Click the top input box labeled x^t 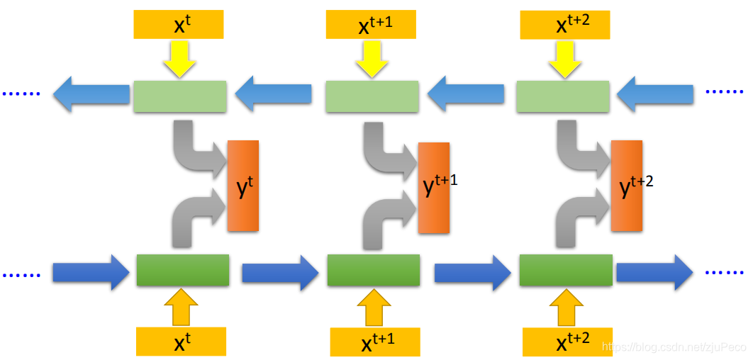(x=178, y=25)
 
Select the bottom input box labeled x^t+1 (x=375, y=342)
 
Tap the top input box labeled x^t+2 (x=565, y=25)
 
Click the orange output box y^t (x=243, y=186)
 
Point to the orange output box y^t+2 (x=627, y=186)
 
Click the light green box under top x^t (x=180, y=96)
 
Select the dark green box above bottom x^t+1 (x=374, y=271)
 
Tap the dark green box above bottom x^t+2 (x=566, y=271)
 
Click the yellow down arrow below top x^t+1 (x=371, y=59)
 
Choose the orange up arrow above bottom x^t (x=182, y=306)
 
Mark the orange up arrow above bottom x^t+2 (x=567, y=306)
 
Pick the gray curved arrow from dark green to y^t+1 (x=386, y=220)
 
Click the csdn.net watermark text (x=674, y=347)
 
